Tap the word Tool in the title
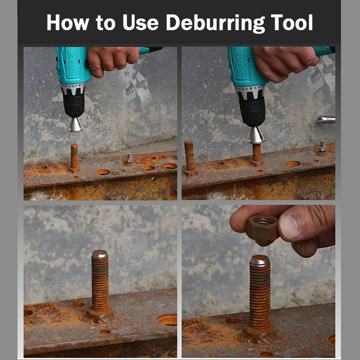pyautogui.click(x=292, y=23)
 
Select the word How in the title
pyautogui.click(x=68, y=22)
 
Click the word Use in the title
pyautogui.click(x=140, y=23)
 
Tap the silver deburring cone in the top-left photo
pyautogui.click(x=75, y=124)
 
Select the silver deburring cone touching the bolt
pyautogui.click(x=257, y=136)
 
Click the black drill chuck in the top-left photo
pyautogui.click(x=74, y=104)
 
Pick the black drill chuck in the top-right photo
pyautogui.click(x=252, y=112)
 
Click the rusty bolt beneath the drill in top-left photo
pyautogui.click(x=74, y=158)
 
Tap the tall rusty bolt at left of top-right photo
pyautogui.click(x=190, y=156)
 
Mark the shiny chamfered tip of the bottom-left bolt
pyautogui.click(x=100, y=254)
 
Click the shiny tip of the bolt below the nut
pyautogui.click(x=260, y=260)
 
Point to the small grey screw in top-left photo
pyautogui.click(x=129, y=158)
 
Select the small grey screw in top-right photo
pyautogui.click(x=322, y=146)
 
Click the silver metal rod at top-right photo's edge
pyautogui.click(x=326, y=119)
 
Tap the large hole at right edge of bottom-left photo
pyautogui.click(x=167, y=319)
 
